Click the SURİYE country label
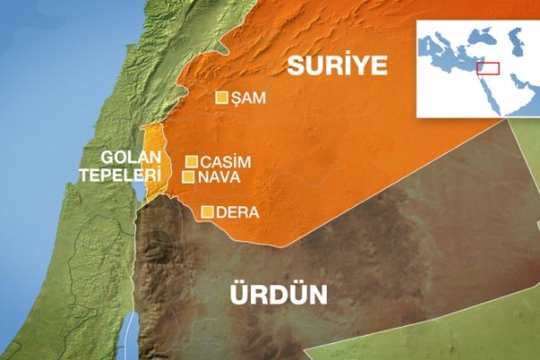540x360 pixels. [x=337, y=65]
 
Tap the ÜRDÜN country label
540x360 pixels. [x=279, y=294]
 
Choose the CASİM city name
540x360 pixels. [x=225, y=162]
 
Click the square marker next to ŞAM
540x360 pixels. [x=221, y=98]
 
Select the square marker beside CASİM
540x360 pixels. [x=191, y=162]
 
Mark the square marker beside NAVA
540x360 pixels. [x=187, y=177]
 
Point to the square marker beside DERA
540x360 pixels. [x=208, y=212]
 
